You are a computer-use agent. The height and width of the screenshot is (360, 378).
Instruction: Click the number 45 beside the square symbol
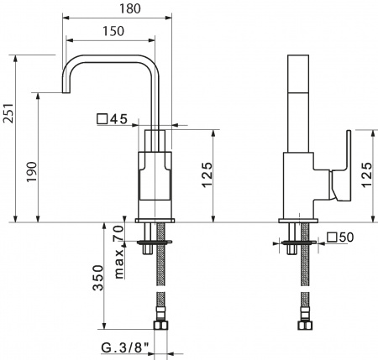click(x=118, y=119)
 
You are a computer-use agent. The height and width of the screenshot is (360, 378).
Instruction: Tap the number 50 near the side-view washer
click(x=347, y=238)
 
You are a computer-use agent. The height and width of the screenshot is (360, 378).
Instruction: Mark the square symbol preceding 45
click(x=102, y=119)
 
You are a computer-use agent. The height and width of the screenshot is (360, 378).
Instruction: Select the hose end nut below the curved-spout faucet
click(x=157, y=324)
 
